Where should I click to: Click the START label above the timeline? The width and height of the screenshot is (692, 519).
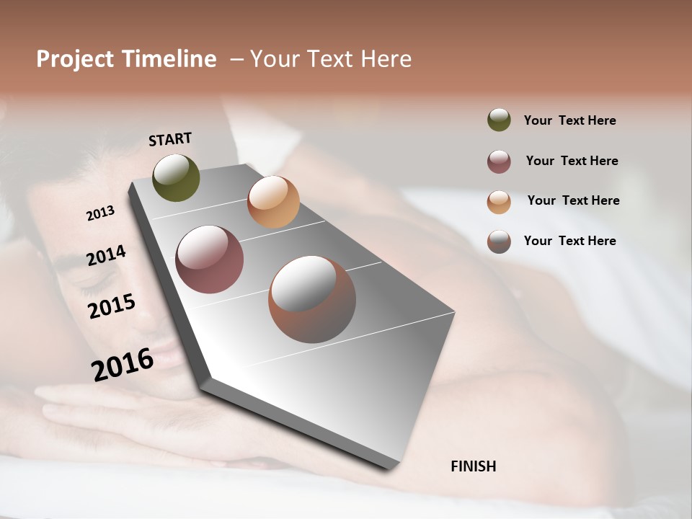pyautogui.click(x=170, y=139)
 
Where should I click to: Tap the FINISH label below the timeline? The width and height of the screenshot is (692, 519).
pyautogui.click(x=473, y=466)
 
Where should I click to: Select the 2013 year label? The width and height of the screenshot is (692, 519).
pyautogui.click(x=100, y=213)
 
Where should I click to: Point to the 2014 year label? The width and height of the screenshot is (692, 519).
pyautogui.click(x=106, y=255)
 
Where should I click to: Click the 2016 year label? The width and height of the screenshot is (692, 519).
pyautogui.click(x=122, y=364)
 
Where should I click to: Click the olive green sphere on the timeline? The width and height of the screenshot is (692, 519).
pyautogui.click(x=177, y=177)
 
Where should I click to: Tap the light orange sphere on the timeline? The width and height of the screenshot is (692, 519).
pyautogui.click(x=273, y=202)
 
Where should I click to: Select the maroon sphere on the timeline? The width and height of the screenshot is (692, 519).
pyautogui.click(x=210, y=259)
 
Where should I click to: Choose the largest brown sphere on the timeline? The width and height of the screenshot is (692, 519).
pyautogui.click(x=312, y=299)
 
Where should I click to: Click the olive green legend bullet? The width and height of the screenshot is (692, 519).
pyautogui.click(x=499, y=120)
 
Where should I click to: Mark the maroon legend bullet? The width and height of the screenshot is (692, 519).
pyautogui.click(x=499, y=161)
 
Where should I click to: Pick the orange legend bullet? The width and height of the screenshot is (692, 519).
pyautogui.click(x=499, y=202)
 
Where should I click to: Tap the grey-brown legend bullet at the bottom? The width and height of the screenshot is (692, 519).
pyautogui.click(x=499, y=241)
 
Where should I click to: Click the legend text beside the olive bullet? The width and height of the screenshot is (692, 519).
pyautogui.click(x=569, y=121)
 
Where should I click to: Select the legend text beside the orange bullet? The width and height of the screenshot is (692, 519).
pyautogui.click(x=573, y=200)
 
